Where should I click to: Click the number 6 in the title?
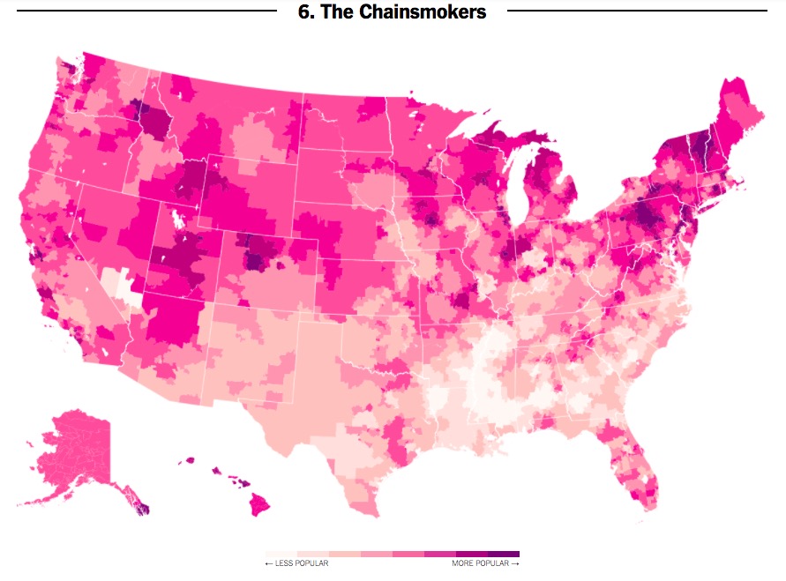tap(305, 11)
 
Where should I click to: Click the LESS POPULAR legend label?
tap(296, 563)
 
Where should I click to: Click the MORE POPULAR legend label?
tap(485, 563)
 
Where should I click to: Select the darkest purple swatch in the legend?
tap(504, 554)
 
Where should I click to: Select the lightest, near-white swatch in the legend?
tap(281, 554)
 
